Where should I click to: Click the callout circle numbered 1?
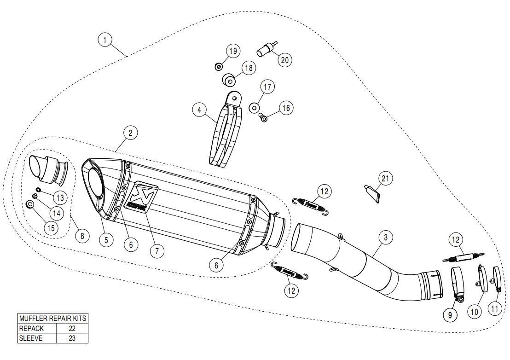[x=105, y=40]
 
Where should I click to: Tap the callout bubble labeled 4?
[x=199, y=110]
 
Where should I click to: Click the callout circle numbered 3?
[x=386, y=238]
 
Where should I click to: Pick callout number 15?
[x=51, y=227]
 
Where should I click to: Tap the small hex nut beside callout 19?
[x=219, y=67]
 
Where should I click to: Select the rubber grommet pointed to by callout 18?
[x=229, y=81]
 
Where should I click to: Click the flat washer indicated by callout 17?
[x=253, y=108]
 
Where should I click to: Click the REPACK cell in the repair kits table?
[x=37, y=328]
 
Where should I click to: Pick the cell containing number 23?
[x=71, y=338]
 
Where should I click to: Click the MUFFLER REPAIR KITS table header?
[x=52, y=318]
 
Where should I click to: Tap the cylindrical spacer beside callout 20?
[x=266, y=49]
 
